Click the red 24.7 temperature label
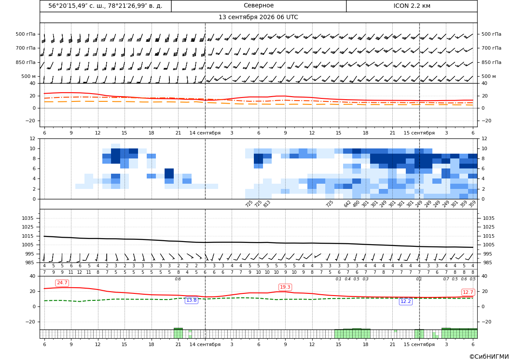(62, 283)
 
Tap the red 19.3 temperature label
(285, 287)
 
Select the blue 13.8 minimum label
(191, 300)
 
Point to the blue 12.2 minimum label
(405, 301)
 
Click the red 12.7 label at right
(468, 292)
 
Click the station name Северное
(259, 6)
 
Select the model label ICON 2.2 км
(412, 6)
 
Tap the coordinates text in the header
(105, 6)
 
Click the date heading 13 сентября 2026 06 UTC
(258, 17)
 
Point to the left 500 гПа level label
(26, 34)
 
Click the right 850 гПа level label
(492, 62)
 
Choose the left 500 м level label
(28, 76)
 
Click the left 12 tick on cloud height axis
(33, 138)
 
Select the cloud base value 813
(266, 204)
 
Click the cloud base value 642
(347, 204)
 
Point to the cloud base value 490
(356, 204)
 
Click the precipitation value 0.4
(347, 279)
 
